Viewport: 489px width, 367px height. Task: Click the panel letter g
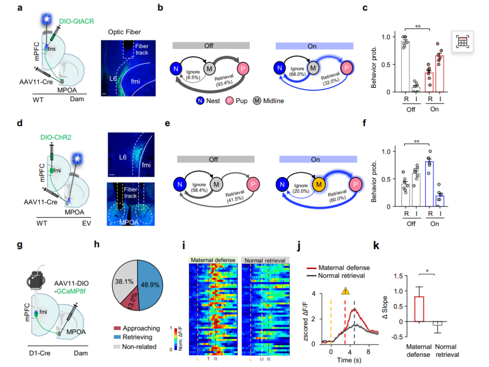click(x=20, y=246)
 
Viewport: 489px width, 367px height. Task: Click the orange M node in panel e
click(x=317, y=183)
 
